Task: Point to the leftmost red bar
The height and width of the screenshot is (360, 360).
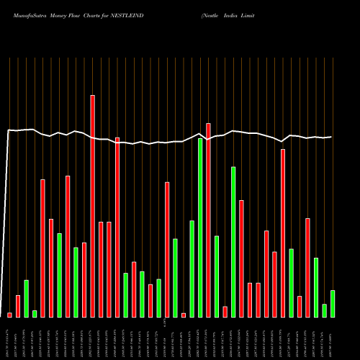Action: point(9,315)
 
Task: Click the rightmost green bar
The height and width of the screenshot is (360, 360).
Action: point(333,303)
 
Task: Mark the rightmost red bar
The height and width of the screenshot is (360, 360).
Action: point(307,267)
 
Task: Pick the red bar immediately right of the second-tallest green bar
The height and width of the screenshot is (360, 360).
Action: point(241,258)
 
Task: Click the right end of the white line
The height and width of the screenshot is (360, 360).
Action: point(332,137)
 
